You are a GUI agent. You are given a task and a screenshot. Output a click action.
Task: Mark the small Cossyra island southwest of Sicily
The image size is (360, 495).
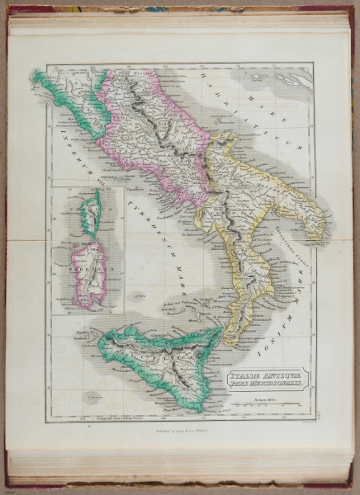tap(97, 397)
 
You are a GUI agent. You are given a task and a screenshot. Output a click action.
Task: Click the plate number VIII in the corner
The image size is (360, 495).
tap(306, 420)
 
